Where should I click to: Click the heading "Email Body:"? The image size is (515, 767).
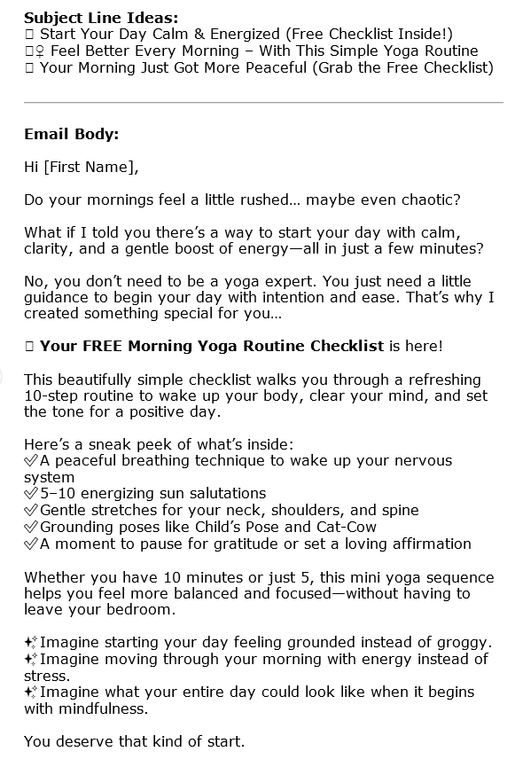pos(72,135)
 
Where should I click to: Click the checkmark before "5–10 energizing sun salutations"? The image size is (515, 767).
pos(31,494)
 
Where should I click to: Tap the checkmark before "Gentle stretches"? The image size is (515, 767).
pos(31,511)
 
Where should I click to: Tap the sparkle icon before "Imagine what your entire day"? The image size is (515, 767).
pos(31,692)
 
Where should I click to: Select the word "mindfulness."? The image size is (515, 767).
pos(105,708)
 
